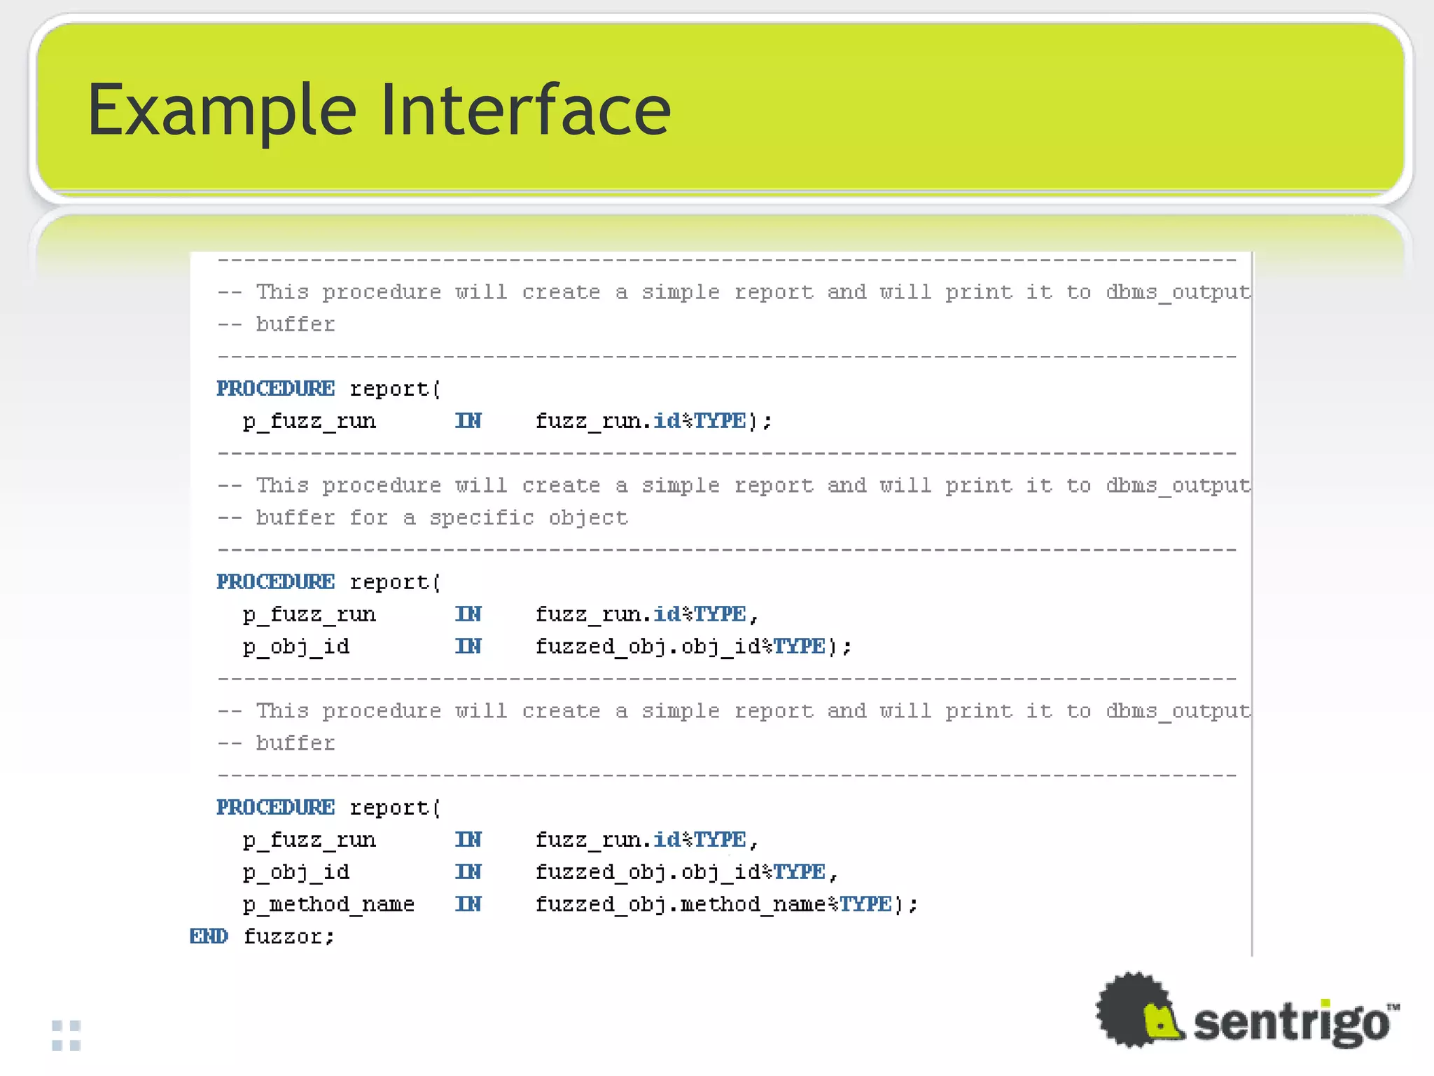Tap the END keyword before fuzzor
pos(209,937)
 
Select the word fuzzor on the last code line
pos(288,937)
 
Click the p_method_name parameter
pos(328,904)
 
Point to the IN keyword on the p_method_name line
pos(468,904)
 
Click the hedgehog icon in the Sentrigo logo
pos(1139,1010)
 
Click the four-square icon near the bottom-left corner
pos(67,1035)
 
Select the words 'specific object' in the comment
pos(529,518)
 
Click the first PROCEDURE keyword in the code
pos(275,389)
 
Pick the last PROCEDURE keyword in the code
pos(275,808)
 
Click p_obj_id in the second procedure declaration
pos(295,647)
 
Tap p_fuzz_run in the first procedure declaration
pos(309,421)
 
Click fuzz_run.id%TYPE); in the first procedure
pos(653,421)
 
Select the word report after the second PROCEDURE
pos(389,582)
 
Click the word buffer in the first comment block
pos(295,324)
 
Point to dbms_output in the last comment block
pos(1177,711)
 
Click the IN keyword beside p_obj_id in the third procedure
pos(468,872)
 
